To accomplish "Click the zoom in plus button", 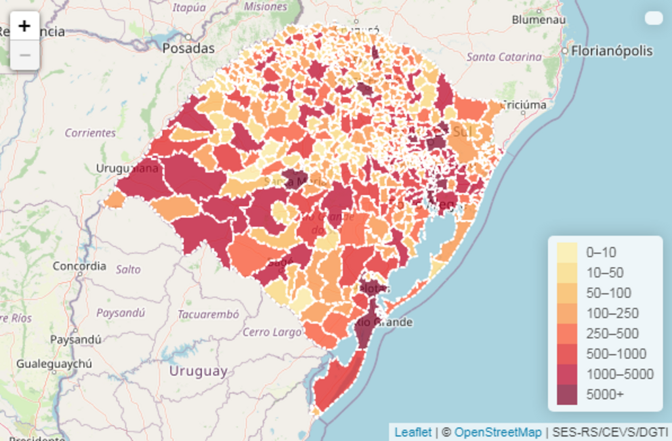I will coord(25,26).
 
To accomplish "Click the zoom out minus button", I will coord(25,55).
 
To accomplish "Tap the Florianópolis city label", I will coord(612,51).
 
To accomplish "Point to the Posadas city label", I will coord(188,48).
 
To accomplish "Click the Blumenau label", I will coord(539,20).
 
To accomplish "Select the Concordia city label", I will coord(79,266).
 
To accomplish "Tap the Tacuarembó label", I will coord(208,314).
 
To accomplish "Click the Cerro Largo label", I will coord(272,332).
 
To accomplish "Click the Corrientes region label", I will coord(90,133).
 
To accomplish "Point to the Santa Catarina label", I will coord(504,57).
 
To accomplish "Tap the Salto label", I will coord(128,269).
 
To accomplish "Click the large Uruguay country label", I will coord(198,371).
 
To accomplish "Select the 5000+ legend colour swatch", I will coord(567,394).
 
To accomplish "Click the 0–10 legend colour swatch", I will coord(567,252).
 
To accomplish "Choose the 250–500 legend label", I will coord(612,333).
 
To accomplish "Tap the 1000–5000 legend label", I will coord(619,374).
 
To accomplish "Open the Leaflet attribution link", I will coord(413,432).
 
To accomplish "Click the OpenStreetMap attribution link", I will coord(498,432).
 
